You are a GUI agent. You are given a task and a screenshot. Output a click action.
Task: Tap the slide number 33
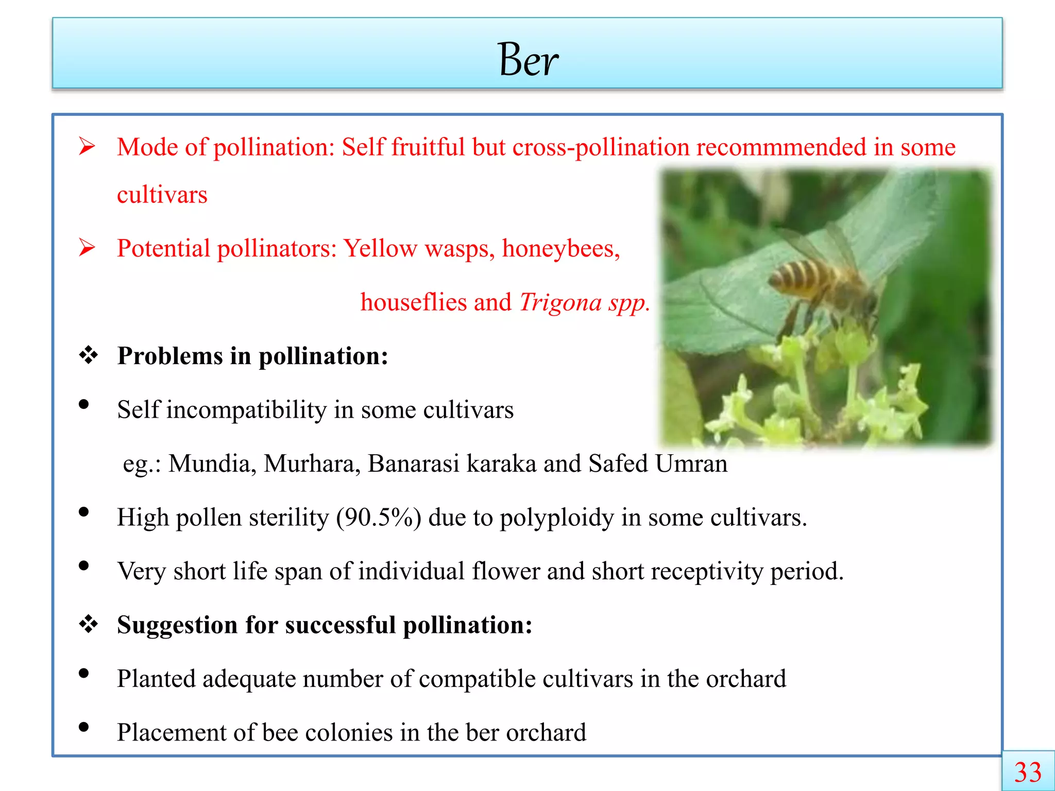tap(1028, 772)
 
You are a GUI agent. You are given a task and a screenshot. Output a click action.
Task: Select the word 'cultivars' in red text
tap(162, 195)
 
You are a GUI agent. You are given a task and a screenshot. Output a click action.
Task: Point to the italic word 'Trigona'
tap(560, 302)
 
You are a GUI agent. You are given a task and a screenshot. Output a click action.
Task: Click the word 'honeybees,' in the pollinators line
tap(561, 249)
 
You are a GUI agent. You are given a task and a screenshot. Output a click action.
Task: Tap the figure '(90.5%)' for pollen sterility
tap(378, 518)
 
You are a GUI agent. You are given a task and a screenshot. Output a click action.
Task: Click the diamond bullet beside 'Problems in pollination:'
tap(88, 355)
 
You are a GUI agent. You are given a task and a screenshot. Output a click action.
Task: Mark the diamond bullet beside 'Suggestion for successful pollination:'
tap(88, 624)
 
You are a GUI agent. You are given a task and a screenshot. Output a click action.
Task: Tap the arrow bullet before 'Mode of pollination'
tap(87, 147)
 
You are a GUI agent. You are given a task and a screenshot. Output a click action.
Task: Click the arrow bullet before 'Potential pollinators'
tap(87, 248)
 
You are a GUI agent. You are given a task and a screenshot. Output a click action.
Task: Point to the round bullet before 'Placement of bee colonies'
tap(83, 727)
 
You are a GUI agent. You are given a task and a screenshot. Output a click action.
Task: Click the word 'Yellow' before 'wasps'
tap(380, 249)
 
